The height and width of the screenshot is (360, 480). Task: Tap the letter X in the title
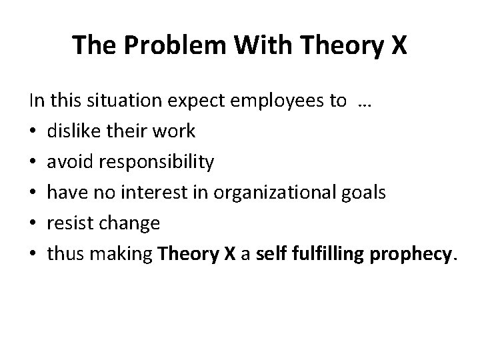point(396,45)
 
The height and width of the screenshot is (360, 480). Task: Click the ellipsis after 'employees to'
point(364,102)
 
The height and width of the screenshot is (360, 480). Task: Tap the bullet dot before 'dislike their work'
point(33,132)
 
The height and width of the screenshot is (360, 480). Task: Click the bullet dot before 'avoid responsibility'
point(33,163)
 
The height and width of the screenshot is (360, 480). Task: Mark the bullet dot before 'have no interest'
point(33,193)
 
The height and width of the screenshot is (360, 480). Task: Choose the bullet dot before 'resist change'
point(33,224)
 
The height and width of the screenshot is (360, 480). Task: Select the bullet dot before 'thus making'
point(33,255)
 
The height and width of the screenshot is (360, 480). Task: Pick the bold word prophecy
point(412,254)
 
